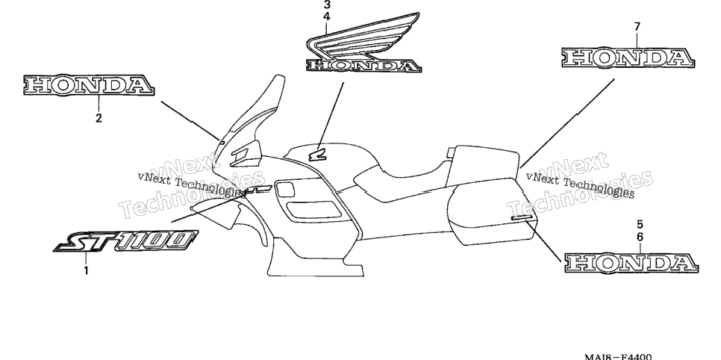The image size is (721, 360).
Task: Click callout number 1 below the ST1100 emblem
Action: pos(86,270)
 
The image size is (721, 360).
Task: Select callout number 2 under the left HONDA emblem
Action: pos(99,118)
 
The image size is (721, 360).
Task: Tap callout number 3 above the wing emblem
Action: pos(327,5)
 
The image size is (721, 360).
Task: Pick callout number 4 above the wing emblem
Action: pos(327,16)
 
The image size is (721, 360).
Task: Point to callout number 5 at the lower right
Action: pos(640,225)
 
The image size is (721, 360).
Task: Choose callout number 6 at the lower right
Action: pos(640,237)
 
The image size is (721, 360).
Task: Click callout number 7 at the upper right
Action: pos(637,27)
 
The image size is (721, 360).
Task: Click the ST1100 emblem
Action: pos(125,241)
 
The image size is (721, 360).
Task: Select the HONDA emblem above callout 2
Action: pos(89,85)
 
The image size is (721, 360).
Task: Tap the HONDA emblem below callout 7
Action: pos(628,58)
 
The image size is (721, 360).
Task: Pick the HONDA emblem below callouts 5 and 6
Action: pos(631,262)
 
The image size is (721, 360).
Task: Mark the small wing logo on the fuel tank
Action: pos(317,157)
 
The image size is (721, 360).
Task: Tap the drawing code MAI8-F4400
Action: pos(618,357)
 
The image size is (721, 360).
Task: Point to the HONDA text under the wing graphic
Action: pos(363,66)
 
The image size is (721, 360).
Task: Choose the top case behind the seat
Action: pos(485,165)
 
